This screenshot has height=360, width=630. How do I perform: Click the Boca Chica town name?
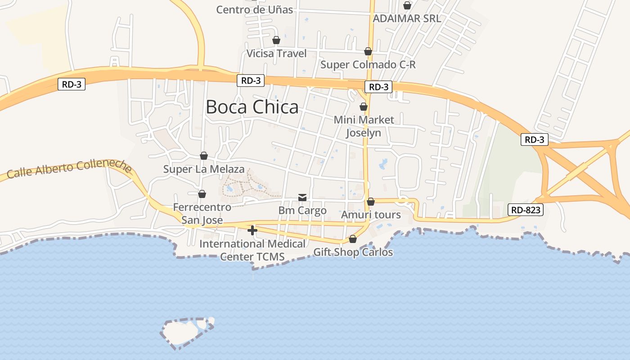[x=252, y=107]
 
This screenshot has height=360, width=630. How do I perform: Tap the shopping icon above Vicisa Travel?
[x=276, y=40]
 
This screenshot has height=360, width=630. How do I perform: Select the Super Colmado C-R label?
[x=368, y=65]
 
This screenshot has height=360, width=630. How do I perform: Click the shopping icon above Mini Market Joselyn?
[x=364, y=107]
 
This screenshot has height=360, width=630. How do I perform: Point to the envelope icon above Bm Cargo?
[x=302, y=198]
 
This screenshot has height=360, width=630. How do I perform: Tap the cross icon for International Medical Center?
[x=252, y=230]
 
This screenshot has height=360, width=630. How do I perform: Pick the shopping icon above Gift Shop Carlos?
[x=353, y=238]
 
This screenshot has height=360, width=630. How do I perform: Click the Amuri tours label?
[x=371, y=215]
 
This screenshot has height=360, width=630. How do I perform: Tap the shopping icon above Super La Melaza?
[x=204, y=156]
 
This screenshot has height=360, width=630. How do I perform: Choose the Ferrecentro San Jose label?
[x=202, y=214]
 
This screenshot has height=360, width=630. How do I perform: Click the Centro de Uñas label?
[x=254, y=9]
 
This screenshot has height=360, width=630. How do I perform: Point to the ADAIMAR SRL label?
[x=407, y=18]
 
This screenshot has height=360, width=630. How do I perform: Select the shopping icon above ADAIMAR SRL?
[x=407, y=5]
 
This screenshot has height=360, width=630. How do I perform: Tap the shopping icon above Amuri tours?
[x=371, y=202]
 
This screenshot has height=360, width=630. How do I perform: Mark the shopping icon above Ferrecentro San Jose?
[x=202, y=194]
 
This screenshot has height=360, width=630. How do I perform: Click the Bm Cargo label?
[x=302, y=211]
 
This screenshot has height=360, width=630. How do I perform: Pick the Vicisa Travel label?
[x=276, y=54]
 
